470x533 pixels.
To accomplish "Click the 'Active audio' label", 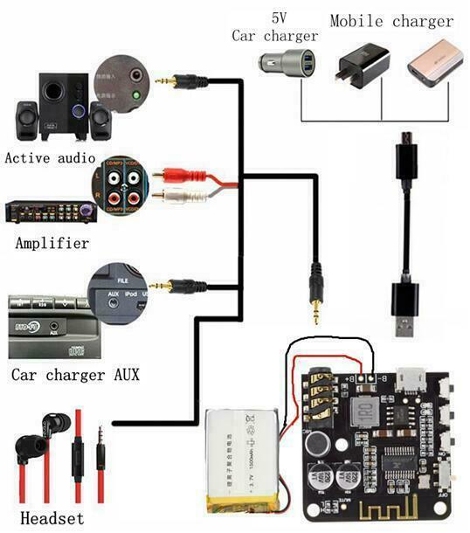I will pos(50,159).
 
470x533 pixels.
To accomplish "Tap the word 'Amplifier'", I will pos(52,243).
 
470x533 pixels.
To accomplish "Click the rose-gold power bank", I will pos(434,69).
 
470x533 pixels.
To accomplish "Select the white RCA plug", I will pos(179,197).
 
